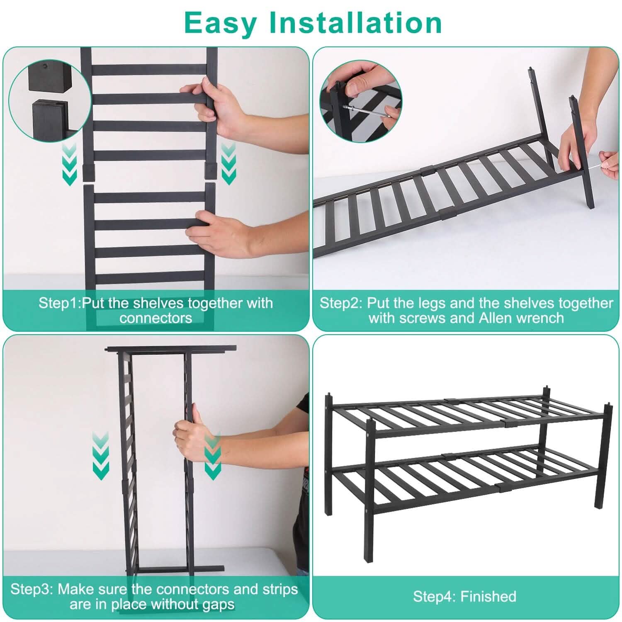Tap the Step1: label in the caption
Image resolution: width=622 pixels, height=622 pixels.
pos(60,303)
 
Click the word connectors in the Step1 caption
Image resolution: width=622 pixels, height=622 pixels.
pos(155,318)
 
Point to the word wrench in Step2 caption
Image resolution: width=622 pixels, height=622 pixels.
pos(542,318)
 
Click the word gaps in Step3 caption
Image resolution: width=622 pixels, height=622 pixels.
pos(214,604)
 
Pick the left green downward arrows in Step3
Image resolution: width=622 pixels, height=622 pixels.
pos(100,456)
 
